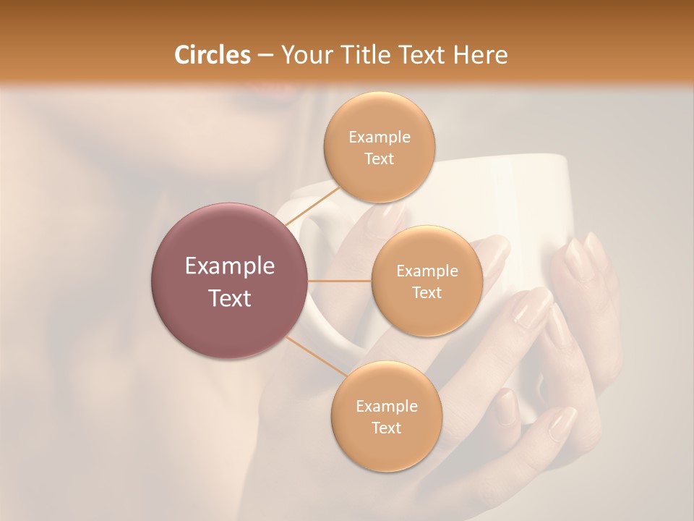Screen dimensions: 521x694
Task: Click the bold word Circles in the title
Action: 212,55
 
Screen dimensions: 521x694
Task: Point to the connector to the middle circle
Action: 339,281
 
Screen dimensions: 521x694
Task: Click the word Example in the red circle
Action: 230,266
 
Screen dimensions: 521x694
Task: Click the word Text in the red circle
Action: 230,298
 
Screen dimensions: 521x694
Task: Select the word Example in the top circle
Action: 380,137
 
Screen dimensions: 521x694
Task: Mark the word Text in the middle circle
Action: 427,292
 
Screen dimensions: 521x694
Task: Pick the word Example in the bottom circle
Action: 386,407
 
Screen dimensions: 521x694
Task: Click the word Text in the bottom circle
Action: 386,428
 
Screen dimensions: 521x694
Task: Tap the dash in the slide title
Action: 265,56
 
